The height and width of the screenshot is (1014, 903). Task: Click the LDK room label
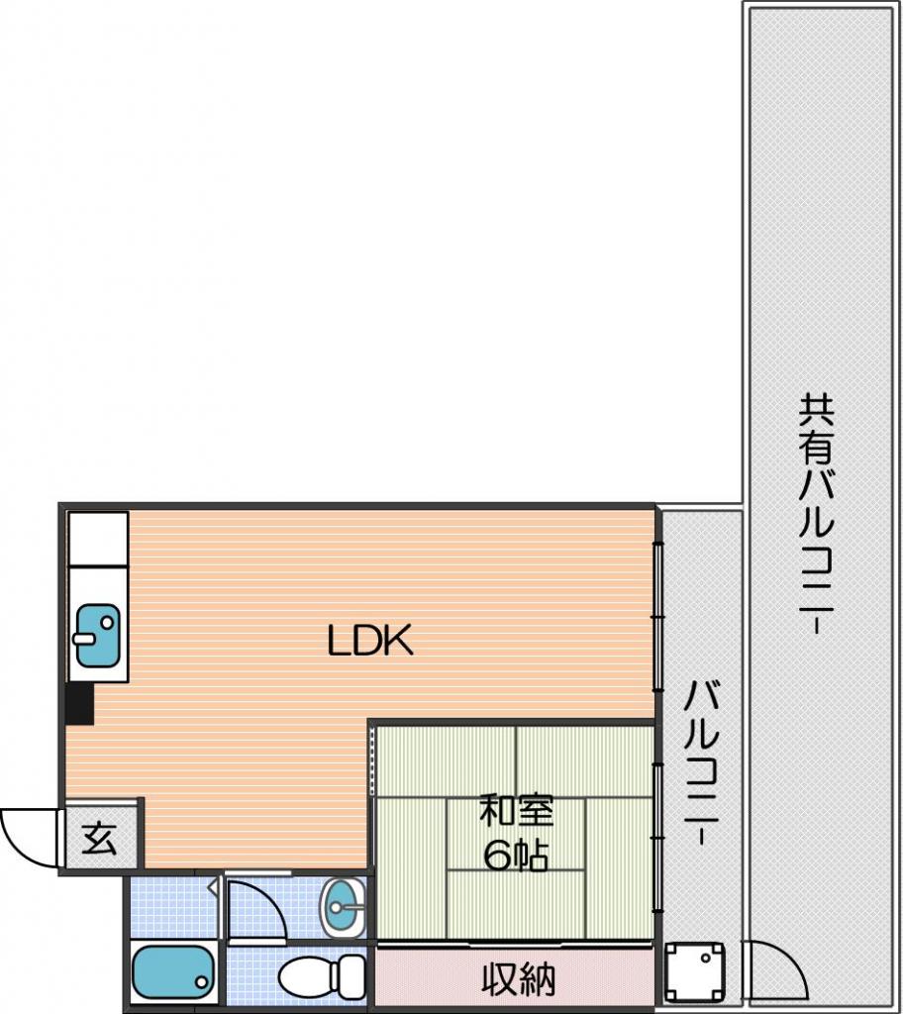(370, 641)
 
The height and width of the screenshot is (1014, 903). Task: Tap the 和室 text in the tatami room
(516, 812)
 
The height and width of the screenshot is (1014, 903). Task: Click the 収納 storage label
(518, 979)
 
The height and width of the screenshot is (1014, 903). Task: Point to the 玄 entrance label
(100, 839)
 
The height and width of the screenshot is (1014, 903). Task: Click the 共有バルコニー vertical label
(816, 514)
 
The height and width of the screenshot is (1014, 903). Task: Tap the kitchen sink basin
(98, 635)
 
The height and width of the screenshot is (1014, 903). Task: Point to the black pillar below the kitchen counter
(81, 703)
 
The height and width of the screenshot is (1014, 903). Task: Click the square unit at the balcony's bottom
(695, 972)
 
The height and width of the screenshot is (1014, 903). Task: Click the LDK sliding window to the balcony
(657, 617)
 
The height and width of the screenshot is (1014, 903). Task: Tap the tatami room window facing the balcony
(657, 838)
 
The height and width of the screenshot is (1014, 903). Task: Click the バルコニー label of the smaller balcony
(702, 762)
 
